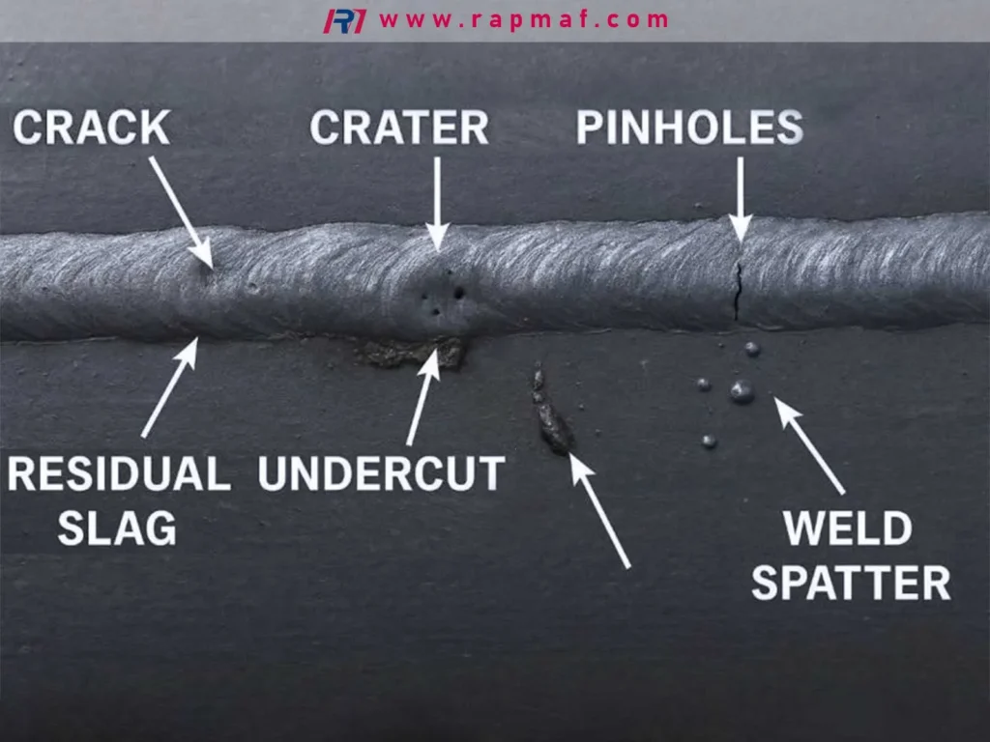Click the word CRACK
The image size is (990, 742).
coord(92,128)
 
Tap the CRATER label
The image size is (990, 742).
coord(399,128)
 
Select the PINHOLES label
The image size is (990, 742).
coord(689,128)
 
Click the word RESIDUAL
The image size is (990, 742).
coord(119,473)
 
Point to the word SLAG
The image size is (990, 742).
coord(117,528)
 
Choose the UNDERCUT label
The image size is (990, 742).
coord(381,473)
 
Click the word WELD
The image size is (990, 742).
coord(848,528)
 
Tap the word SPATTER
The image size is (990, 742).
coord(851,582)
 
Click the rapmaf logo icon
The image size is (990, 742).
coord(345,21)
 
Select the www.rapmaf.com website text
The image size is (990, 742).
coord(524,20)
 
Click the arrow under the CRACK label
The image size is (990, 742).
coord(181,212)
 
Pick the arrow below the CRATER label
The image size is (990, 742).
coord(437,203)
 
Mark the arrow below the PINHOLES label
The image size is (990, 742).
coord(740,199)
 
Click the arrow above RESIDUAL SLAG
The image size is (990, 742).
coord(170,386)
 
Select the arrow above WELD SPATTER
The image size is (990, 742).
coord(809,445)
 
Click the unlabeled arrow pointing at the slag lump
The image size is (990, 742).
coord(599,510)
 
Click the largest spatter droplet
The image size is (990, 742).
coord(742,392)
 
